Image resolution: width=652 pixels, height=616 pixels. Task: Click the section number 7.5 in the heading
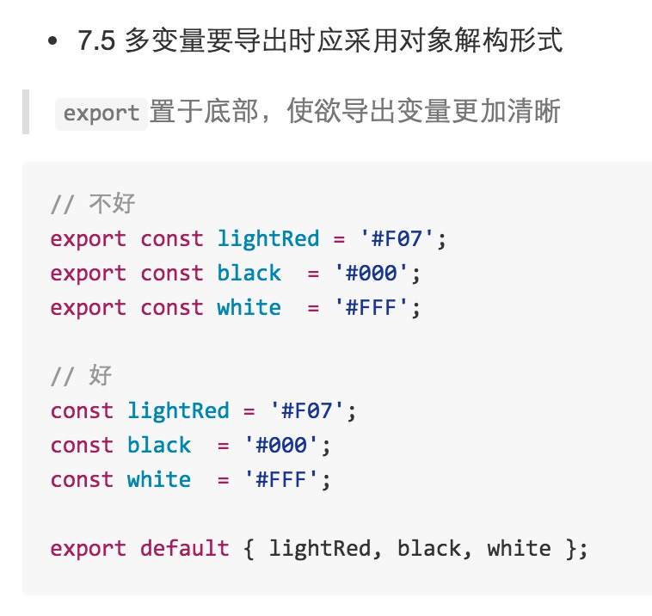(95, 40)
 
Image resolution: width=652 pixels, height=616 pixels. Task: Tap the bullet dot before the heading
(53, 40)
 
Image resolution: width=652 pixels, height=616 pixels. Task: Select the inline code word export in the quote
(101, 113)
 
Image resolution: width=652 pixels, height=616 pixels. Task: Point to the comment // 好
(81, 376)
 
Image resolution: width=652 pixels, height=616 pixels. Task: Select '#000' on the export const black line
(372, 273)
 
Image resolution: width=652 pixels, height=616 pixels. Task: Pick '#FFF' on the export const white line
(372, 307)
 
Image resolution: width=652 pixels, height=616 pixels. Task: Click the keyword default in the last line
(185, 548)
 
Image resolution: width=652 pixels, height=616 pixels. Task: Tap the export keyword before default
(88, 548)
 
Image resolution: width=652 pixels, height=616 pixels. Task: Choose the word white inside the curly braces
(519, 548)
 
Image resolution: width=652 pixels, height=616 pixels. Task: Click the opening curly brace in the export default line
(249, 548)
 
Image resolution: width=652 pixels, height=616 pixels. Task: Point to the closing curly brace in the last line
(570, 548)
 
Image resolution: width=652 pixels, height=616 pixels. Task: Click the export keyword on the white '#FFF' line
(88, 307)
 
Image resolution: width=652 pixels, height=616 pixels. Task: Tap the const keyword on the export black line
(172, 273)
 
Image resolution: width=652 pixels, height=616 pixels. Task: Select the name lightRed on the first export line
(268, 238)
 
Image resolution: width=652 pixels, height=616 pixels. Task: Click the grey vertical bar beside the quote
(26, 111)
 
